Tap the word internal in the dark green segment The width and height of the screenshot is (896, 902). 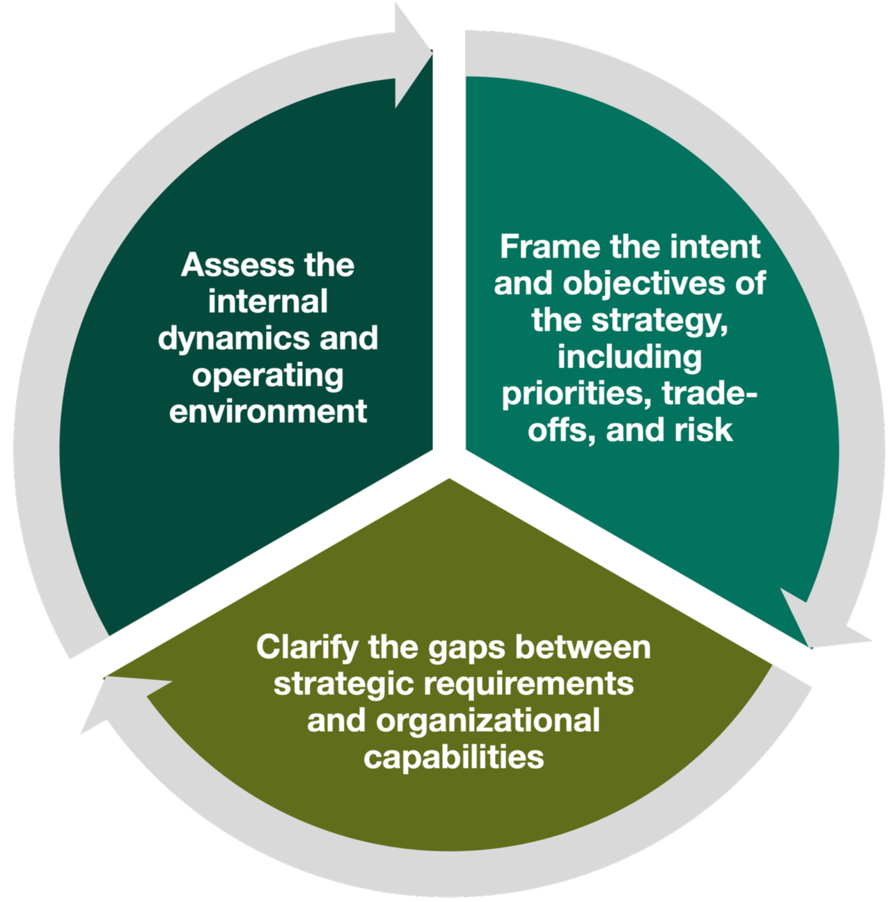click(x=268, y=302)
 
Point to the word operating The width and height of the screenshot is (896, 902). click(x=268, y=377)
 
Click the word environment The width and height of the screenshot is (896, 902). click(x=268, y=411)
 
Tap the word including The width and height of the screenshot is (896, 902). click(x=629, y=357)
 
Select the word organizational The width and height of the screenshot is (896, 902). click(x=488, y=720)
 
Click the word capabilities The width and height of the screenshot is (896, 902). click(x=454, y=757)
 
